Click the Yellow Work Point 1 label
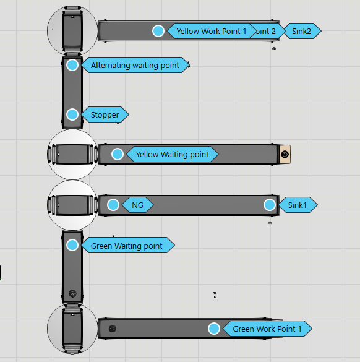tap(212, 31)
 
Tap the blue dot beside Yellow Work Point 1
tap(158, 31)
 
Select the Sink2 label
tap(302, 30)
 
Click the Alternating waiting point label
tap(135, 65)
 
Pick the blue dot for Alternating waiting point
tap(72, 65)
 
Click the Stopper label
tap(105, 114)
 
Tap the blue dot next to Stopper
tap(72, 114)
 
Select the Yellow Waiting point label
tap(172, 154)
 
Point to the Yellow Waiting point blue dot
tap(118, 154)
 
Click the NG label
tap(137, 205)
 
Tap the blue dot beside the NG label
tap(113, 205)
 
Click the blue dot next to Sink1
tap(270, 205)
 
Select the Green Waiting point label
tap(127, 246)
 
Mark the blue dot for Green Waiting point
tap(72, 245)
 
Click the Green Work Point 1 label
tap(267, 329)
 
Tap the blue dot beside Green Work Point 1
tap(214, 329)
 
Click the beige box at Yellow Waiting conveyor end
tap(285, 154)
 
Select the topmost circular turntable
tap(72, 29)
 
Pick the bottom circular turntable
tap(72, 329)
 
